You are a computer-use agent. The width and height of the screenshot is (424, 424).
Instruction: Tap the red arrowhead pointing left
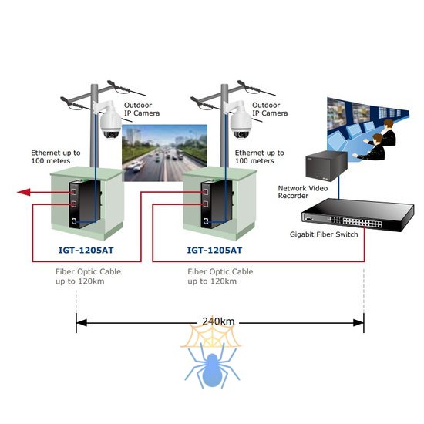[24, 192]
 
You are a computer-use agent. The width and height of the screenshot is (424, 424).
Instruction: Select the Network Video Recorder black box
[326, 166]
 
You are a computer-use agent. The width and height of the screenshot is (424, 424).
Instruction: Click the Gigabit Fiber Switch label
[324, 234]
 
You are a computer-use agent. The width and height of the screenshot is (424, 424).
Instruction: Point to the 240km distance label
[218, 321]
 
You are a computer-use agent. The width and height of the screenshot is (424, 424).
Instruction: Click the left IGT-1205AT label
[86, 250]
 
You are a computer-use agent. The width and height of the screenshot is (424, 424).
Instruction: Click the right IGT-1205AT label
[214, 250]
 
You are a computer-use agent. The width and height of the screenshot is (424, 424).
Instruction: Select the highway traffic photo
[164, 153]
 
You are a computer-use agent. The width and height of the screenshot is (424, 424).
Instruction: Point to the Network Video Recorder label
[303, 192]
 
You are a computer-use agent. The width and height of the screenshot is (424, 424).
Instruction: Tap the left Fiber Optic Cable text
[88, 272]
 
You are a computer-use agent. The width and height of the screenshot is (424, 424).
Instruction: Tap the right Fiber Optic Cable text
[220, 272]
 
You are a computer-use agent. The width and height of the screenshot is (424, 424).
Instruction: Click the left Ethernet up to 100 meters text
[56, 156]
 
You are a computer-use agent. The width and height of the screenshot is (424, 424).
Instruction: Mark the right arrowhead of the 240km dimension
[358, 322]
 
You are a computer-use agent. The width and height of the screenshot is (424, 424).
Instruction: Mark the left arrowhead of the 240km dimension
[82, 322]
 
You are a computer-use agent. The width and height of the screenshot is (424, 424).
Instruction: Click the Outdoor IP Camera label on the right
[270, 109]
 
